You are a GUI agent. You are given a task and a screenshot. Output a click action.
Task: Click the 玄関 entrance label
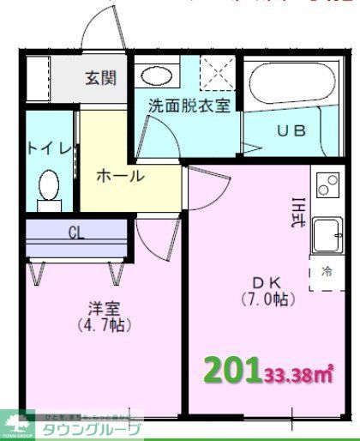point(101,77)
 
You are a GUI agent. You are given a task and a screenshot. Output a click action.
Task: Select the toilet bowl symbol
point(50,186)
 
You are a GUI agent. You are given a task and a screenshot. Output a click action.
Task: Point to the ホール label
point(120,177)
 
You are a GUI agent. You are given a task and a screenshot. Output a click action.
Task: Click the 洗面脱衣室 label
point(189,106)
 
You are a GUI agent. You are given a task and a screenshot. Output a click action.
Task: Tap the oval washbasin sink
point(156,75)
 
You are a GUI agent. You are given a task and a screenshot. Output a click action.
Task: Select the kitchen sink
point(327,234)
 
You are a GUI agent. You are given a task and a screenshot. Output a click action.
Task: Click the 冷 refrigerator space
point(327,272)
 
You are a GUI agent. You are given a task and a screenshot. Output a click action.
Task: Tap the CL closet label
point(75,232)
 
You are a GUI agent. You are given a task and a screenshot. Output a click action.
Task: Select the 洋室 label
point(100,308)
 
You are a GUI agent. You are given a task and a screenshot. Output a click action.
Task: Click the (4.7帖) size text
point(100,326)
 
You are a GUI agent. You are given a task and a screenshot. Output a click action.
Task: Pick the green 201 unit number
point(231,371)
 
